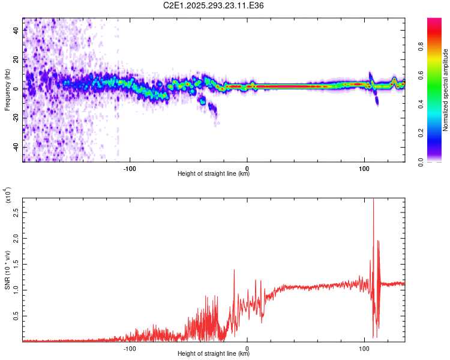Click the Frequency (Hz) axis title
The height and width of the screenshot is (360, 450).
pos(7,89)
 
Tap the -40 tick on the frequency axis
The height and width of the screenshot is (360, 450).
pos(17,147)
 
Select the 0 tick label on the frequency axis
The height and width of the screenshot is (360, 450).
pos(17,88)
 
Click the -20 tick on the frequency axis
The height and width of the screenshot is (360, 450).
pos(17,118)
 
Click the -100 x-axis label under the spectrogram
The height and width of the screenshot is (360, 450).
pos(130,167)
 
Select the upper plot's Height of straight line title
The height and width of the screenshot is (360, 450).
pos(214,174)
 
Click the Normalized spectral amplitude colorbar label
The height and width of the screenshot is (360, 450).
pos(446,90)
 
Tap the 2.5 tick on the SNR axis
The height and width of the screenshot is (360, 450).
pos(17,212)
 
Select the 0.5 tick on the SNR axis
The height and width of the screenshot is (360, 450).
pos(17,316)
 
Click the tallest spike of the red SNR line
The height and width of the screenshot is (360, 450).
pos(373,199)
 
